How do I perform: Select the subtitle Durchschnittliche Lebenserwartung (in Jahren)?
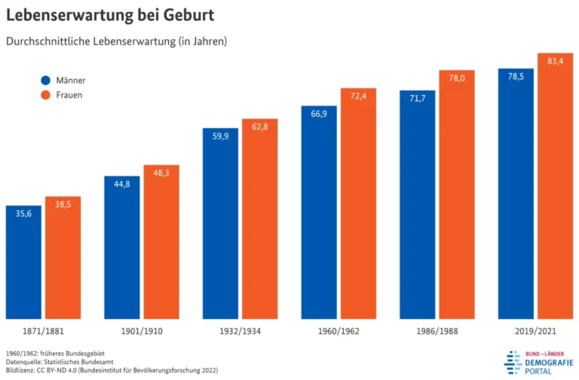coord(116,41)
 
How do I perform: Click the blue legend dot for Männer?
coord(45,80)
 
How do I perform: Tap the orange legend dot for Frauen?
coord(45,95)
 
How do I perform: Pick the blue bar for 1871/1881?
coord(23,264)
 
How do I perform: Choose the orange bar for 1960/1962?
coord(358,204)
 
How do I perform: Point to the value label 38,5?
coord(63,204)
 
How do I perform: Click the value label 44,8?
coord(122,183)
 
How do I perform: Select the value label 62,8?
coord(259,127)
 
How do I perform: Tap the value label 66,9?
coord(319,113)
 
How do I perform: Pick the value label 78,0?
coord(457,78)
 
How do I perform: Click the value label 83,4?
coord(555,60)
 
